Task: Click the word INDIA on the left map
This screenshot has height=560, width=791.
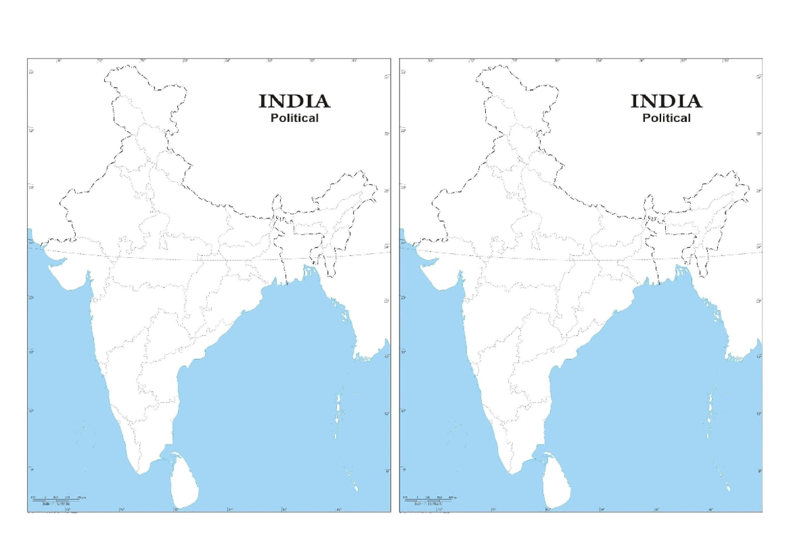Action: (294, 101)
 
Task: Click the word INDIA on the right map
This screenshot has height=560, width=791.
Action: (666, 101)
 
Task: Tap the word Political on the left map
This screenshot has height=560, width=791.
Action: (295, 118)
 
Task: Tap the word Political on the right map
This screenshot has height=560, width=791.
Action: (666, 118)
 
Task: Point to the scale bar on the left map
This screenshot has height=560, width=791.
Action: (55, 499)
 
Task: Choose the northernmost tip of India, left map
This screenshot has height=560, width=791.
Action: (140, 65)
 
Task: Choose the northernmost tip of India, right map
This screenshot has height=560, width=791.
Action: (512, 65)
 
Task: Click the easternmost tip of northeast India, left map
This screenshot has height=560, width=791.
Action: (377, 185)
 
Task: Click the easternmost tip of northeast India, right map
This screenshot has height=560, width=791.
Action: (749, 185)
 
